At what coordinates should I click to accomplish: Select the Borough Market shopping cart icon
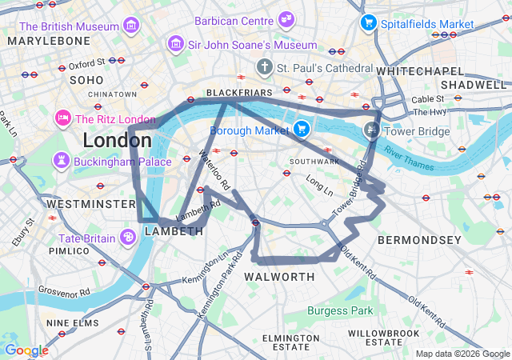coord(301,128)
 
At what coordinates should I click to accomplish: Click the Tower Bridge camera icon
coord(372,130)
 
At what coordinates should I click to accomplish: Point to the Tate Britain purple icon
coord(128,237)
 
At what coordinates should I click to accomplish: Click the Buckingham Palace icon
coord(62,161)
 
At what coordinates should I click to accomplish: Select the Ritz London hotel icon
coord(62,119)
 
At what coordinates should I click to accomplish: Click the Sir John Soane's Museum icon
coord(174,45)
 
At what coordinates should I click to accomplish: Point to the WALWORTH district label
coord(279,277)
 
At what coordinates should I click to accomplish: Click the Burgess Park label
coord(341,310)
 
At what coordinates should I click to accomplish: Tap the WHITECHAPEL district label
coord(415,71)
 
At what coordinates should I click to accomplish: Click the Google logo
coord(26,350)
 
